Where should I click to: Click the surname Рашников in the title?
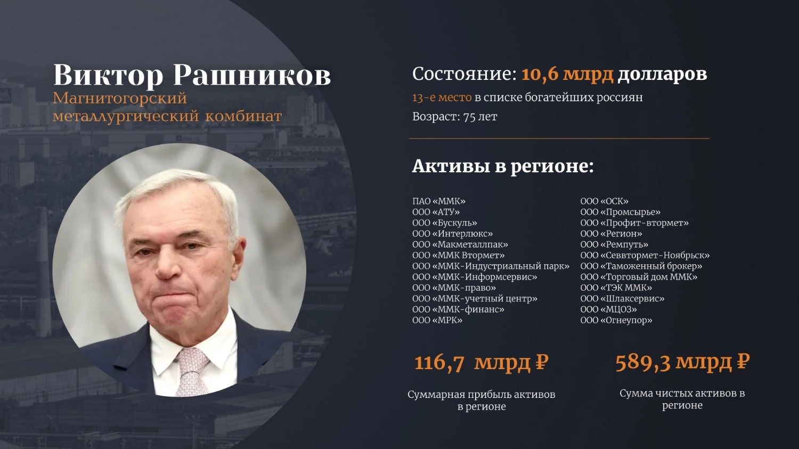click(252, 76)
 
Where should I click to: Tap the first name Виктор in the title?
click(108, 76)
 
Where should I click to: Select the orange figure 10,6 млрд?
click(567, 75)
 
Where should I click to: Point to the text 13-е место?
click(442, 97)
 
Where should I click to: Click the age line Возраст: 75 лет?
click(455, 117)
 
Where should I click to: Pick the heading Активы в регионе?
click(503, 166)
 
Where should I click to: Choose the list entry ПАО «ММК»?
click(439, 201)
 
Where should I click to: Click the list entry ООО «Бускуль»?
click(445, 223)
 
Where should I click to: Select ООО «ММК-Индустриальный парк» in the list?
click(491, 266)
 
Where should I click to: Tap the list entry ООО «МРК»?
click(437, 320)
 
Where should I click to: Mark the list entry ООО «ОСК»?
click(604, 201)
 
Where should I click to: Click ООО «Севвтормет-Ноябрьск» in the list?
click(645, 255)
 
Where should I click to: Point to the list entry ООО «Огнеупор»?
click(616, 320)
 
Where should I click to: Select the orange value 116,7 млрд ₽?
click(481, 363)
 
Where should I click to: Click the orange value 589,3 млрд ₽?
click(682, 362)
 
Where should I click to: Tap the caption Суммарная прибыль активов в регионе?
click(482, 401)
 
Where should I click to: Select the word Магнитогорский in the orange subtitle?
click(120, 99)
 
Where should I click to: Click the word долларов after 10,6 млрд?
click(663, 75)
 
